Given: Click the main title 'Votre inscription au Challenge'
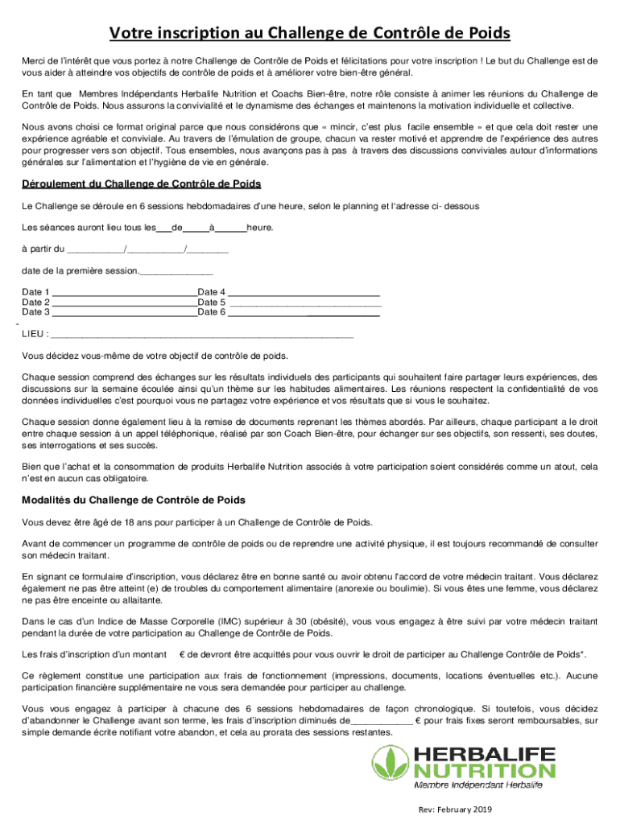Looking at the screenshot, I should [310, 33].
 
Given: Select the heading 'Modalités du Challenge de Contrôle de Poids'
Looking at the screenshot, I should [134, 500].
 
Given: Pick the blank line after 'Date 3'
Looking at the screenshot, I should [125, 313].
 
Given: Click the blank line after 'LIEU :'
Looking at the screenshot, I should [201, 335].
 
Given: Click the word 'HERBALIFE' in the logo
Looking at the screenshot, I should [484, 756].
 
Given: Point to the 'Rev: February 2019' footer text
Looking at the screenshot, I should [454, 810].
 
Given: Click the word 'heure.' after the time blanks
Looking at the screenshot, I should [260, 228].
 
